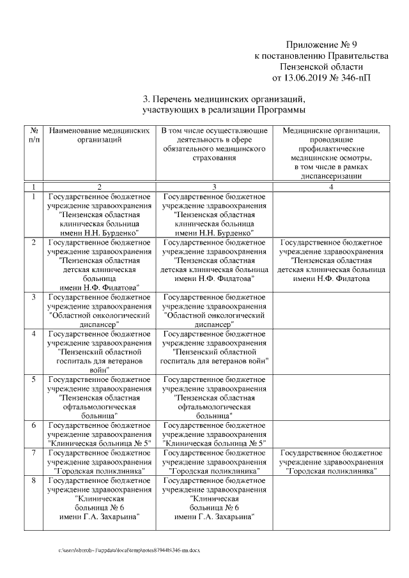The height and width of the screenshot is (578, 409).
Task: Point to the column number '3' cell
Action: [x=214, y=186]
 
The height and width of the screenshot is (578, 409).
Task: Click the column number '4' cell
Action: [x=331, y=186]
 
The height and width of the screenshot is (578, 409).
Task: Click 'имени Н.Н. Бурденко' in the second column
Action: [x=98, y=234]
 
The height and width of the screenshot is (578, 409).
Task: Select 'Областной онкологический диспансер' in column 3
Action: [x=214, y=316]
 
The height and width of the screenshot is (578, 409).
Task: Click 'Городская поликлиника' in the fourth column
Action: [x=331, y=471]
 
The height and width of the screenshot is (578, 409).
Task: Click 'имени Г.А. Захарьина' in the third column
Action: [x=214, y=516]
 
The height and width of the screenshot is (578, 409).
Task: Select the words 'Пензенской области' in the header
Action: [x=321, y=66]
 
